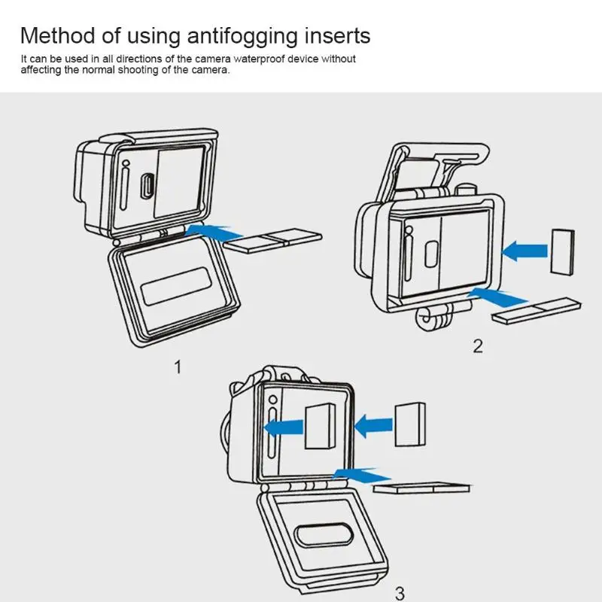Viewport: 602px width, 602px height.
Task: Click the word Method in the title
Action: [x=58, y=35]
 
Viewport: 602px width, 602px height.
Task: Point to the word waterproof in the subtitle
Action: [x=253, y=59]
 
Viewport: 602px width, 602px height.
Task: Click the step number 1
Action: [x=178, y=367]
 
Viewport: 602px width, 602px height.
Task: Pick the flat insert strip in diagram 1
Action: [x=274, y=242]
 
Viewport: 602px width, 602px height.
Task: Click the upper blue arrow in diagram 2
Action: [x=524, y=249]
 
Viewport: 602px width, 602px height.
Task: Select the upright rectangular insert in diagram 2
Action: [x=562, y=251]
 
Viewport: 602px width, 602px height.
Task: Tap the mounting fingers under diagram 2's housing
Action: [x=435, y=320]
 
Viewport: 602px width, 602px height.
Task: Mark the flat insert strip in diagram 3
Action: [x=421, y=488]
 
